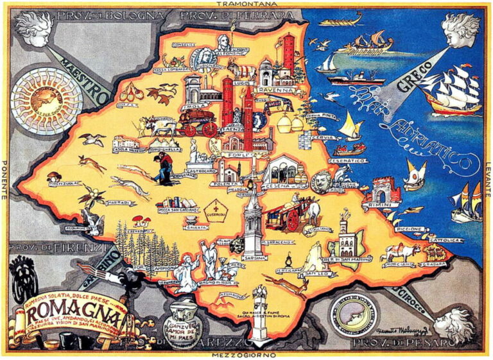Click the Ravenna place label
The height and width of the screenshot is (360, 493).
pyautogui.click(x=275, y=91)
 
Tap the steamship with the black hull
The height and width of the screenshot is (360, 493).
pyautogui.click(x=356, y=80)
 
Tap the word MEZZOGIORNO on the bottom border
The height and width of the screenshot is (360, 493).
pyautogui.click(x=246, y=354)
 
